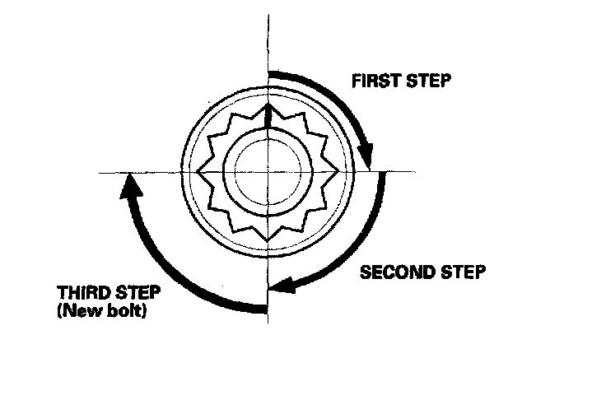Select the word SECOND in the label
392,272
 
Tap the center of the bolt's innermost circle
268,171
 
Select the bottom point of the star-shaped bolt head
268,240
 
